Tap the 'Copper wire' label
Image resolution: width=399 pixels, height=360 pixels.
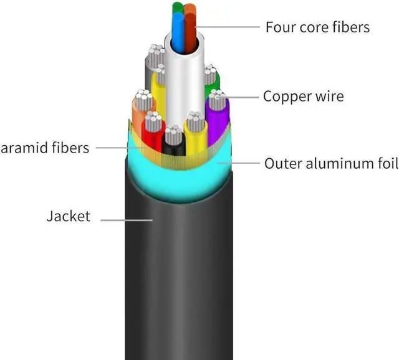point(303,97)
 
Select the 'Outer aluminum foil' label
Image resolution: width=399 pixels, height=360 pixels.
point(330,164)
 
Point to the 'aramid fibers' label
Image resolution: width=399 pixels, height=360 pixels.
point(45,148)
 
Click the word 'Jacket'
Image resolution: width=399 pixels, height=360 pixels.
point(68,217)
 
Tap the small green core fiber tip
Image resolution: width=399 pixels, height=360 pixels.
point(178,7)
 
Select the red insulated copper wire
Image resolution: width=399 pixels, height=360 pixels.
point(151,134)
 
